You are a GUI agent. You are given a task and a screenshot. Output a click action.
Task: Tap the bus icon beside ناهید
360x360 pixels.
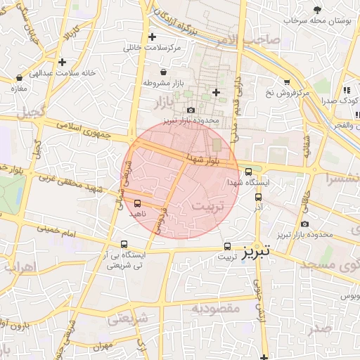(x=137, y=203)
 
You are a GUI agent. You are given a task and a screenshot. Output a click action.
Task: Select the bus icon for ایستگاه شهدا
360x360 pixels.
(x=248, y=172)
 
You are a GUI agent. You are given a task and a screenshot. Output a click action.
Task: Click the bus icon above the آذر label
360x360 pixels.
(x=258, y=198)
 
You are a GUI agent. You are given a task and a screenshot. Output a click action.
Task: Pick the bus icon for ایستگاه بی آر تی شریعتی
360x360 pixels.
(x=124, y=245)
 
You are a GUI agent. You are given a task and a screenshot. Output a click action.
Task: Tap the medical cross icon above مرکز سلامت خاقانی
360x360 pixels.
(x=153, y=37)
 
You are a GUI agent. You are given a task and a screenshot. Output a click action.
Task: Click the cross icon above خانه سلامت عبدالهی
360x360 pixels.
(x=63, y=62)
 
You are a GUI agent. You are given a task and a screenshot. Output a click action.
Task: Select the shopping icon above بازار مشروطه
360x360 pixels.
(x=164, y=72)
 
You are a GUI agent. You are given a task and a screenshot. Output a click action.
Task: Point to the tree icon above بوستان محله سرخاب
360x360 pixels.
(x=318, y=9)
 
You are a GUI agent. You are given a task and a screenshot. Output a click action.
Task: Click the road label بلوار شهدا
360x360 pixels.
(x=205, y=160)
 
